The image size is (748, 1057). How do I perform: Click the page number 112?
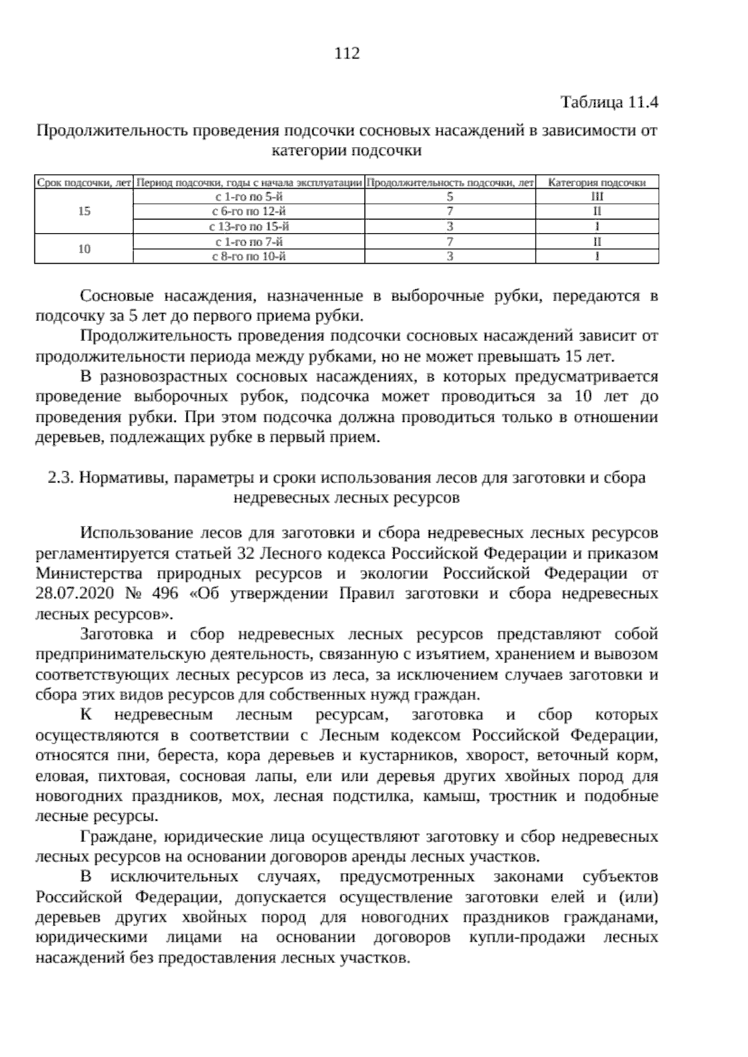click(347, 54)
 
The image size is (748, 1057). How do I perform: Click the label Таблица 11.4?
click(609, 102)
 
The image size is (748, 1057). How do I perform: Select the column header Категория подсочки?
click(597, 183)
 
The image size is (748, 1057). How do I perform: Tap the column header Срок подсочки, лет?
click(84, 183)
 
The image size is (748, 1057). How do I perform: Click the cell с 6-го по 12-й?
click(249, 211)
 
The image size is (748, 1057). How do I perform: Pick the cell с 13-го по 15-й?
click(249, 226)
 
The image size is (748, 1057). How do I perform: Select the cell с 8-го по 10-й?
click(249, 256)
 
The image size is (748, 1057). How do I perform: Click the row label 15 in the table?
click(84, 211)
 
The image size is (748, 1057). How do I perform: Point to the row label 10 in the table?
click(84, 249)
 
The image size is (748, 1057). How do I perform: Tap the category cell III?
click(597, 197)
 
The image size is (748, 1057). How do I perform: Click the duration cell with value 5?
click(449, 197)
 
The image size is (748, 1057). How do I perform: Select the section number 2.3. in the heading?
click(61, 478)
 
